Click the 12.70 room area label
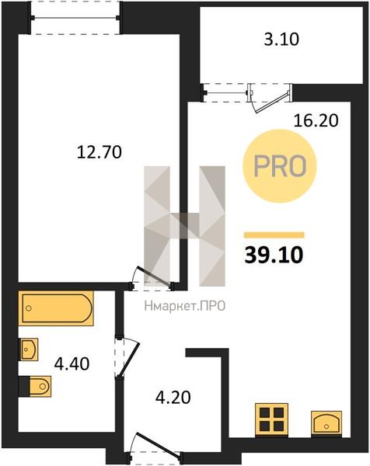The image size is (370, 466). pos(99,152)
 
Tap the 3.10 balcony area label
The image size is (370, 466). pos(281,40)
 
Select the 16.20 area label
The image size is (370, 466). pos(316,120)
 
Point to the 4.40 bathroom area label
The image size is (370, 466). pos(72,363)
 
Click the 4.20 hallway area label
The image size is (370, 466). pos(173,397)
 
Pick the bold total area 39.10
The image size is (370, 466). pos(274,256)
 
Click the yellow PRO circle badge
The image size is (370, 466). pos(280,166)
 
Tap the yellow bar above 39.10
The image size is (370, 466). pos(274,235)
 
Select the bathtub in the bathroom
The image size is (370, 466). pos(56,308)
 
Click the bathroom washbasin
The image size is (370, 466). pos(29,349)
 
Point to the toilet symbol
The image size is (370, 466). pos(35,386)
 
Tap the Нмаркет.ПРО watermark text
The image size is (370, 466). pos(185,306)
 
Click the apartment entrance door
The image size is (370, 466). pos(154,445)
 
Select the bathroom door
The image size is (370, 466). pos(127,357)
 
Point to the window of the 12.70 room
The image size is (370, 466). pos(75,18)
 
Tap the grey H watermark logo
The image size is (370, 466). pos(184,226)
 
